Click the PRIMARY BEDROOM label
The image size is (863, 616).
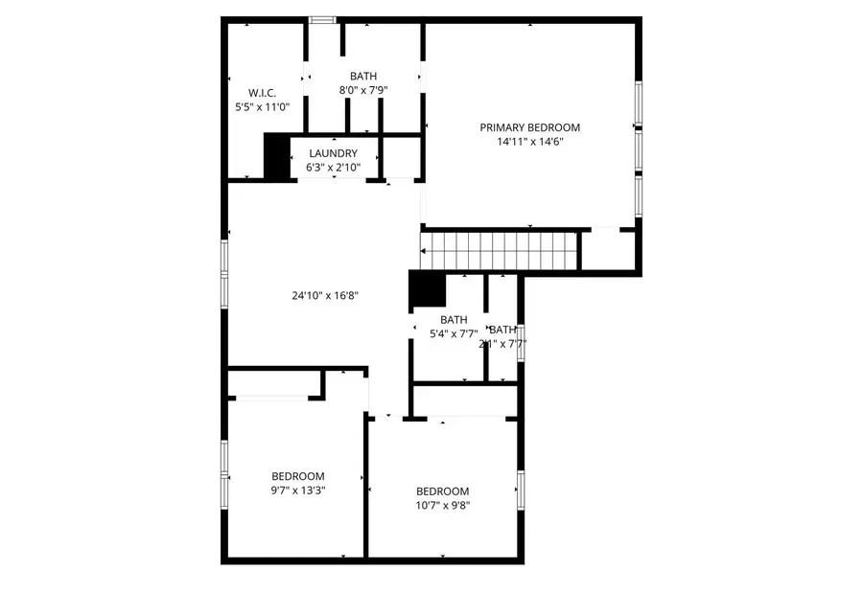click(529, 127)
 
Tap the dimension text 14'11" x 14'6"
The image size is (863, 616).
click(529, 142)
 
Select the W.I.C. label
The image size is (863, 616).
click(262, 93)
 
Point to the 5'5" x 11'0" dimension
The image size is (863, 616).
click(262, 107)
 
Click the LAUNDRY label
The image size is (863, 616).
click(333, 153)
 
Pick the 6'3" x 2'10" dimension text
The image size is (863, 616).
click(333, 168)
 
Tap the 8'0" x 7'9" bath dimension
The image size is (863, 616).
click(363, 90)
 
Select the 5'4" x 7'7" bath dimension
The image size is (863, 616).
click(453, 334)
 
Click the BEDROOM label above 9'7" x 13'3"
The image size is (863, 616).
click(297, 476)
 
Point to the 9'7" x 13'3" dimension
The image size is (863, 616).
click(297, 491)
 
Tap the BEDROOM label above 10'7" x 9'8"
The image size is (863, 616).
click(442, 491)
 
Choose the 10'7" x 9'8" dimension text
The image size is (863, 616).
click(442, 506)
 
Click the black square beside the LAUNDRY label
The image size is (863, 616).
click(276, 156)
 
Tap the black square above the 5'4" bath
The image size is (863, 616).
click(427, 290)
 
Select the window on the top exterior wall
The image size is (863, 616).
click(322, 18)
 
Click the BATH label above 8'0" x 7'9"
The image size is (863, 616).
click(363, 76)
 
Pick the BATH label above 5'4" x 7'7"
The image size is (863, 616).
click(454, 320)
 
